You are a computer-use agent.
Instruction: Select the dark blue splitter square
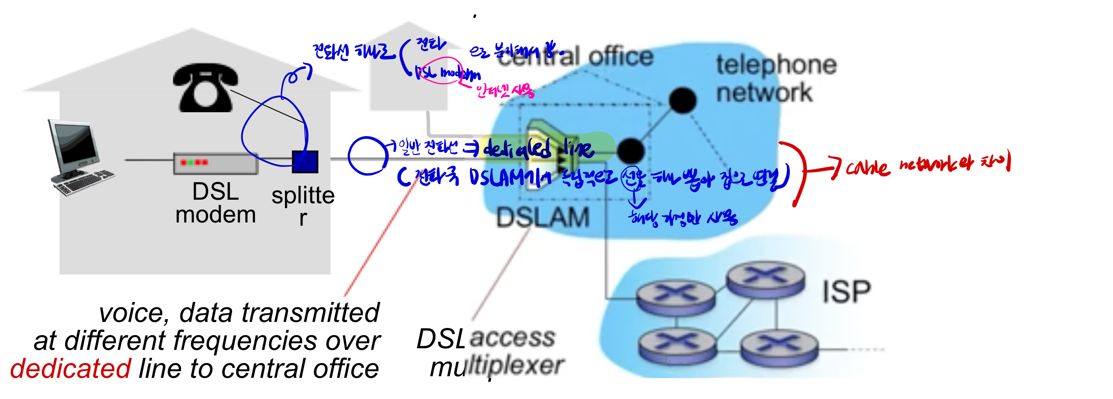point(305,162)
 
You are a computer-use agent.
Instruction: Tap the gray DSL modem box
point(215,163)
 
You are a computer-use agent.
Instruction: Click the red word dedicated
point(70,368)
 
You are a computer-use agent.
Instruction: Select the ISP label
point(846,292)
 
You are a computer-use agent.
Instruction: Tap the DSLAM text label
point(542,217)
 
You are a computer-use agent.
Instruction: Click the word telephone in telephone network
point(776,66)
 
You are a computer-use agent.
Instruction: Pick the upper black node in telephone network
point(682,100)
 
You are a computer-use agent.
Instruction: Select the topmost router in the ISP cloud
point(765,278)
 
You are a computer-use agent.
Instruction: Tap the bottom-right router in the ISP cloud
point(779,347)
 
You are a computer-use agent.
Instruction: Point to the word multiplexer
point(497,367)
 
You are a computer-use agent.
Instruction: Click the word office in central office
point(621,57)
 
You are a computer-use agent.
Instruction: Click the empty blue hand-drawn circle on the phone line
point(367,156)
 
